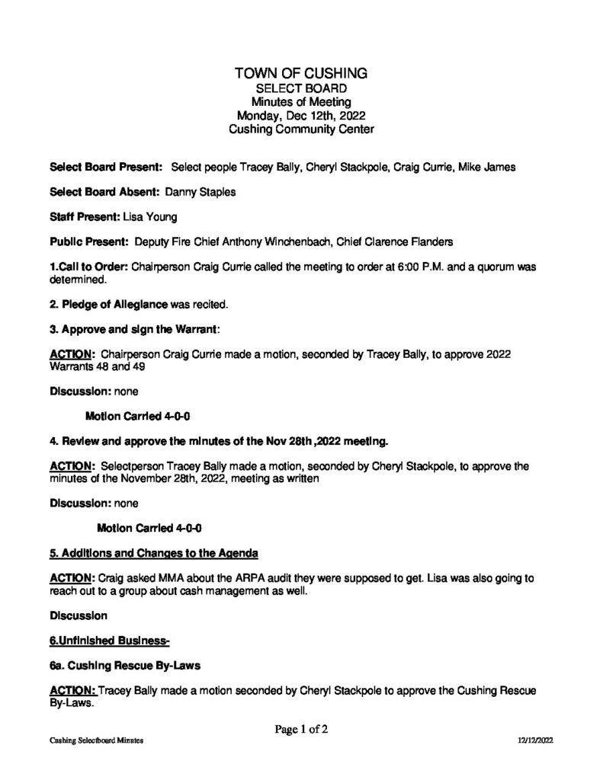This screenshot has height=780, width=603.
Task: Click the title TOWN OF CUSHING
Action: click(301, 73)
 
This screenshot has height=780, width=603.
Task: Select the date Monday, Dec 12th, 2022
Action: click(301, 117)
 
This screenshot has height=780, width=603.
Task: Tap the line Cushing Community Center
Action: click(301, 130)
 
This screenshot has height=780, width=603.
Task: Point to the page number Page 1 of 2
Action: click(301, 729)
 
